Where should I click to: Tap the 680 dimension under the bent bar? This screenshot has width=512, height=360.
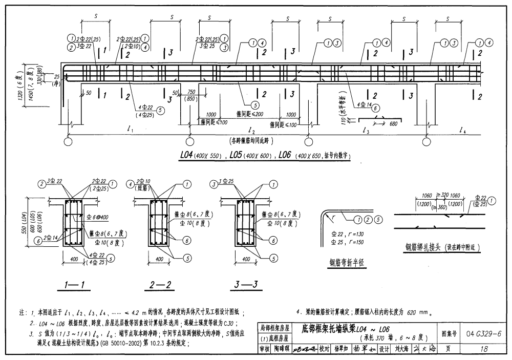[393, 123]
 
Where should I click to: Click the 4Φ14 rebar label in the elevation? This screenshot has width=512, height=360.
[365, 104]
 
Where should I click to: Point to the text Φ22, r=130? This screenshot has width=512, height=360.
[348, 233]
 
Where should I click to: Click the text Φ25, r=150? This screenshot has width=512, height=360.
[348, 241]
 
